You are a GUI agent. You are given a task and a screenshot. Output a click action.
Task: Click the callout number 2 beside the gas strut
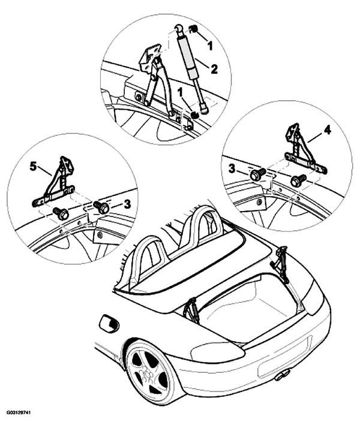(214, 69)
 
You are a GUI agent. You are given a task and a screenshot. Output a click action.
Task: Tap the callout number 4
(327, 130)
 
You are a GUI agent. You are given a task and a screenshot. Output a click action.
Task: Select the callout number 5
(33, 166)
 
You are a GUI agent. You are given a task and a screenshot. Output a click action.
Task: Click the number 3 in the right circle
(232, 169)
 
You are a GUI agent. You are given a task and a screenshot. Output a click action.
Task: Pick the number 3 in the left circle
(127, 204)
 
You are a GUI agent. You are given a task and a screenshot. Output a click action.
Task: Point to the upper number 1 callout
(209, 46)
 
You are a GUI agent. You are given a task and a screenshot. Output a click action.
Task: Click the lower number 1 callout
(180, 93)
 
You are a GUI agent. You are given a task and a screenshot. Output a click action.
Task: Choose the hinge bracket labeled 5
(55, 183)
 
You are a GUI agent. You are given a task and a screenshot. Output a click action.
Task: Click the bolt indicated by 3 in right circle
(257, 174)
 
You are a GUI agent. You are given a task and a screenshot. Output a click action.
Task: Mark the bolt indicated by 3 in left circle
(101, 207)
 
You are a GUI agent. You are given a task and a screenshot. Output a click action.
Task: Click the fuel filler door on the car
(109, 324)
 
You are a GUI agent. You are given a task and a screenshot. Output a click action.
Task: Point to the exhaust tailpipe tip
(282, 375)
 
